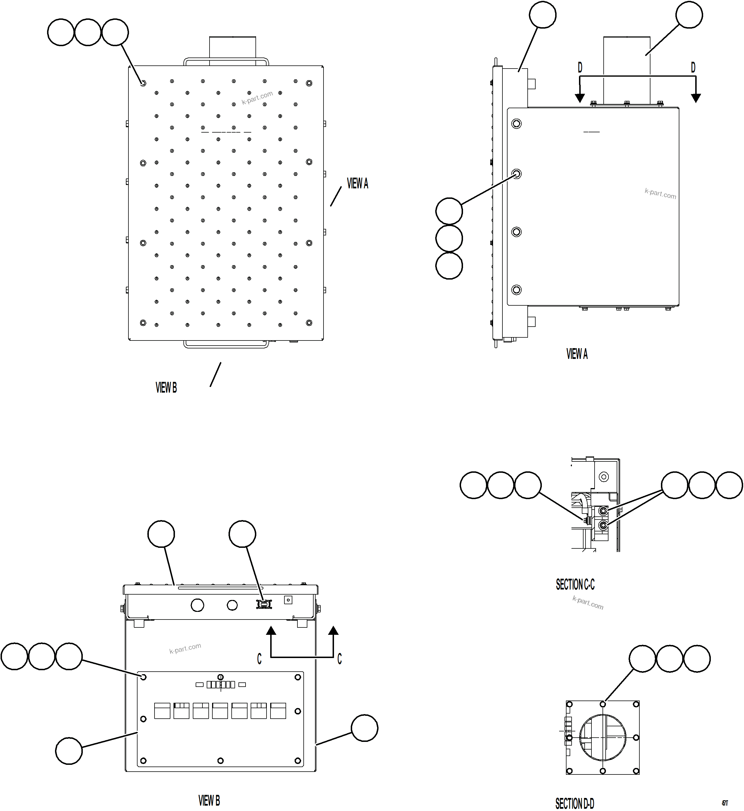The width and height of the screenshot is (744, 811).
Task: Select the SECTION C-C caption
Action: (575, 584)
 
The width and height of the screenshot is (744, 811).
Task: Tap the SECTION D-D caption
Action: (574, 803)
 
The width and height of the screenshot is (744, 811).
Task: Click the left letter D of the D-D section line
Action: (580, 68)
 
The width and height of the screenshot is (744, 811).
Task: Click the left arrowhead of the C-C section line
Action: (272, 630)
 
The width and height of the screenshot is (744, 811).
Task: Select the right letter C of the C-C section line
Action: (339, 659)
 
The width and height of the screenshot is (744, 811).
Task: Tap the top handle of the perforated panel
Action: (226, 61)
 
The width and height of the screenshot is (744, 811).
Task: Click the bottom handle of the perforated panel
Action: (226, 345)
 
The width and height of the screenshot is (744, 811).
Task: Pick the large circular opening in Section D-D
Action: (603, 737)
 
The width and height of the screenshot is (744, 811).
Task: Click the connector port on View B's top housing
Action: (264, 604)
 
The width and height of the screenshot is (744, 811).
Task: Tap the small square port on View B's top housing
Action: (288, 600)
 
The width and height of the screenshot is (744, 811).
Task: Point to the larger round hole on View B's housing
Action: (197, 604)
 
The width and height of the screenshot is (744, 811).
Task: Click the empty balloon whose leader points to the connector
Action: (242, 534)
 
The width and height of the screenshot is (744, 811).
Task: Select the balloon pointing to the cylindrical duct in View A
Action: (689, 15)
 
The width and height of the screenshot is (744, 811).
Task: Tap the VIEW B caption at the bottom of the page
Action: (209, 800)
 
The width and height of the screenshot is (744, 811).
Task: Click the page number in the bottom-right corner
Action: (725, 803)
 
